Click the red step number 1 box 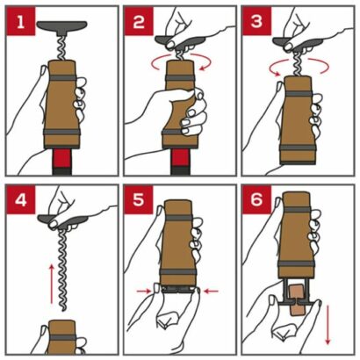(21, 21)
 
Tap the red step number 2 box (139, 21)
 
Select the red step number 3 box (256, 21)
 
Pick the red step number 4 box (21, 200)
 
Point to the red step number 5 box (139, 200)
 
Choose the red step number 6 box (256, 200)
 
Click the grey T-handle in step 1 (62, 26)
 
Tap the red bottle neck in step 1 (62, 158)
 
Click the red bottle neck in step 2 (180, 158)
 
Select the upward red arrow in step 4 (52, 284)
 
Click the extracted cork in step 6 (297, 300)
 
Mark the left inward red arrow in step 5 (144, 291)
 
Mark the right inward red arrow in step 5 (211, 291)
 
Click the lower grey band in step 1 (62, 132)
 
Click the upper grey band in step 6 (297, 210)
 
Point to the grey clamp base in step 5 (177, 290)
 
